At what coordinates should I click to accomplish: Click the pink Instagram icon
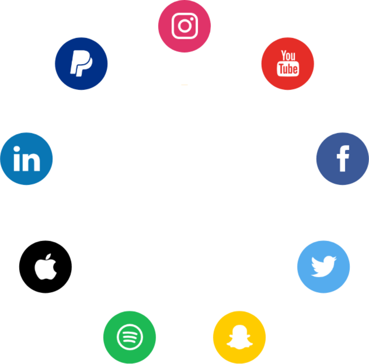point(184,26)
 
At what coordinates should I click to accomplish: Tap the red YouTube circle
point(287,64)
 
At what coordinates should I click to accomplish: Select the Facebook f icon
point(342,159)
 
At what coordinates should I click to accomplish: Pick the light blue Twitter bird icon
point(323,267)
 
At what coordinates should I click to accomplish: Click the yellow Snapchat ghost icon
point(239,337)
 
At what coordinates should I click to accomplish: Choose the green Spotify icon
point(130,337)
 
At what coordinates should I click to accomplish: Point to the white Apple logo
point(46,267)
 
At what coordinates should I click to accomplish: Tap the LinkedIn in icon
point(27,159)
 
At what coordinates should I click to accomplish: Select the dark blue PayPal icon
point(81,64)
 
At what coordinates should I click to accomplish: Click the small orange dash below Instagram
point(184,85)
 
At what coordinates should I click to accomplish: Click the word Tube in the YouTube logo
point(288,69)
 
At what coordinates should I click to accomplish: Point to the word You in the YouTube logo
point(288,56)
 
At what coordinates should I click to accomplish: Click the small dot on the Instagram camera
point(192,19)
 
